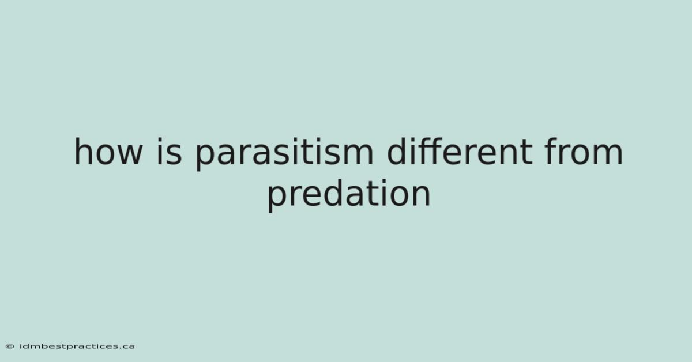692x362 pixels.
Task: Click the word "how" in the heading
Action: click(x=108, y=152)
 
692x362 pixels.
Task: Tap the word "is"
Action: click(x=169, y=152)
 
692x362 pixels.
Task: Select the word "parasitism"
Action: click(x=284, y=154)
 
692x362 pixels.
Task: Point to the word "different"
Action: click(x=460, y=152)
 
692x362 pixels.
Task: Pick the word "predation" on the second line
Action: click(x=348, y=195)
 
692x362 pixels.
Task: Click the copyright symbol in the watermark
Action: click(x=10, y=346)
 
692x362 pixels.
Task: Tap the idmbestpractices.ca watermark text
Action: click(x=77, y=346)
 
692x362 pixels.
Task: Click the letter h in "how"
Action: click(x=82, y=152)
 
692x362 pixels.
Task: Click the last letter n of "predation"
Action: click(x=422, y=196)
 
